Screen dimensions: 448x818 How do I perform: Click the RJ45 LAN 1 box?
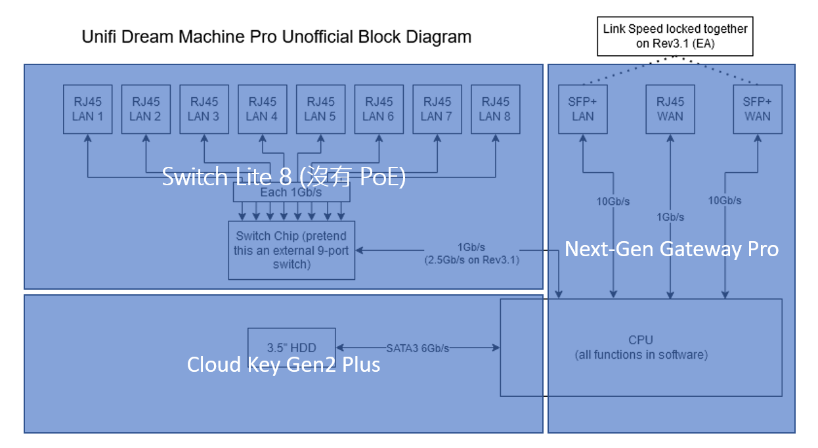(x=87, y=109)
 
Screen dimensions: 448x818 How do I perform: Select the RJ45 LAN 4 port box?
(x=262, y=109)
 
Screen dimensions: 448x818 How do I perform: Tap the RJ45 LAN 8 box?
(x=496, y=109)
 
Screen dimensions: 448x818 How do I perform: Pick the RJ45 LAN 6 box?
(x=379, y=109)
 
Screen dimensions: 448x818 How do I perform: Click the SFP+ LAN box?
(x=582, y=109)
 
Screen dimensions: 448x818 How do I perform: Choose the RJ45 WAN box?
(x=670, y=109)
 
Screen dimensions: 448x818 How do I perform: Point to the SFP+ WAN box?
(x=758, y=109)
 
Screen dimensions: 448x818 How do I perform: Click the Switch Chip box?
(x=291, y=250)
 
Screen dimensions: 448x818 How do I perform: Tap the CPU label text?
(x=641, y=340)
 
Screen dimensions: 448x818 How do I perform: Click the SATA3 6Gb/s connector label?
(x=418, y=348)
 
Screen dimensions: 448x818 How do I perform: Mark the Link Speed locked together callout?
(x=675, y=36)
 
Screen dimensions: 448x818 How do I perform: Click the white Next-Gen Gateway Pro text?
(x=672, y=249)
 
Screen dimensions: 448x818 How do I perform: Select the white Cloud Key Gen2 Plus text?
(x=284, y=365)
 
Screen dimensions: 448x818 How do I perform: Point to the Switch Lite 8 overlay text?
(x=284, y=177)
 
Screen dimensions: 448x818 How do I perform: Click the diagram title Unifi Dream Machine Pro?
(x=276, y=37)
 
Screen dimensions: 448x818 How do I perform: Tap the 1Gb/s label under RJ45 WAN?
(x=670, y=217)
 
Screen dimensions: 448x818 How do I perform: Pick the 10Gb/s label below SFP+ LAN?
(x=613, y=202)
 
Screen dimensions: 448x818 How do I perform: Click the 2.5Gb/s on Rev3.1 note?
(x=472, y=259)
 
